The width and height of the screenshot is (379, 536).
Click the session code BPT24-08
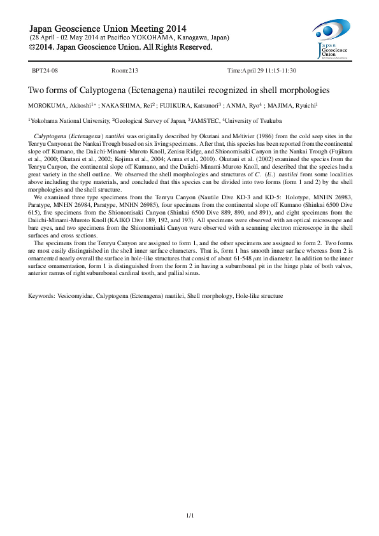tap(45, 71)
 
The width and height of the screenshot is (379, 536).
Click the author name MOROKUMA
tap(46, 105)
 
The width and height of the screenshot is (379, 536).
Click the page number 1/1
tap(189, 514)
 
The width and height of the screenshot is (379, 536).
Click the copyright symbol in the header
tap(34, 47)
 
